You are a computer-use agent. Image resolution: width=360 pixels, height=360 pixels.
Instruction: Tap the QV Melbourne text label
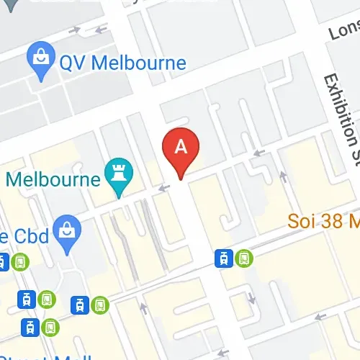tap(122, 62)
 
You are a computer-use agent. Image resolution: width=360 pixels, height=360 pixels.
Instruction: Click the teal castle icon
tap(116, 174)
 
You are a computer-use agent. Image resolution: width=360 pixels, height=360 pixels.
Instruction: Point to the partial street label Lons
tap(343, 31)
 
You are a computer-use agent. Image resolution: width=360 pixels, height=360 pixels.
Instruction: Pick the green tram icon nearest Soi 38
tap(244, 257)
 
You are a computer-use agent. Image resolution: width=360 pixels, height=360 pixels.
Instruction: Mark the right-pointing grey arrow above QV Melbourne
tap(76, 30)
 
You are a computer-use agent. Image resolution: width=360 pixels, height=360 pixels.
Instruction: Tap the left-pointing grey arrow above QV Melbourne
tap(100, 30)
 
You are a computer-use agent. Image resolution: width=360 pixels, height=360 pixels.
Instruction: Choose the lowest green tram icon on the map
tap(50, 327)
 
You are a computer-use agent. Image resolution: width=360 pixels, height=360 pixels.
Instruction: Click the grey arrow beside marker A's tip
tap(164, 188)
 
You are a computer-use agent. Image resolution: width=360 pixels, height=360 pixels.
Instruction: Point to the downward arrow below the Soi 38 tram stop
tap(251, 297)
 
